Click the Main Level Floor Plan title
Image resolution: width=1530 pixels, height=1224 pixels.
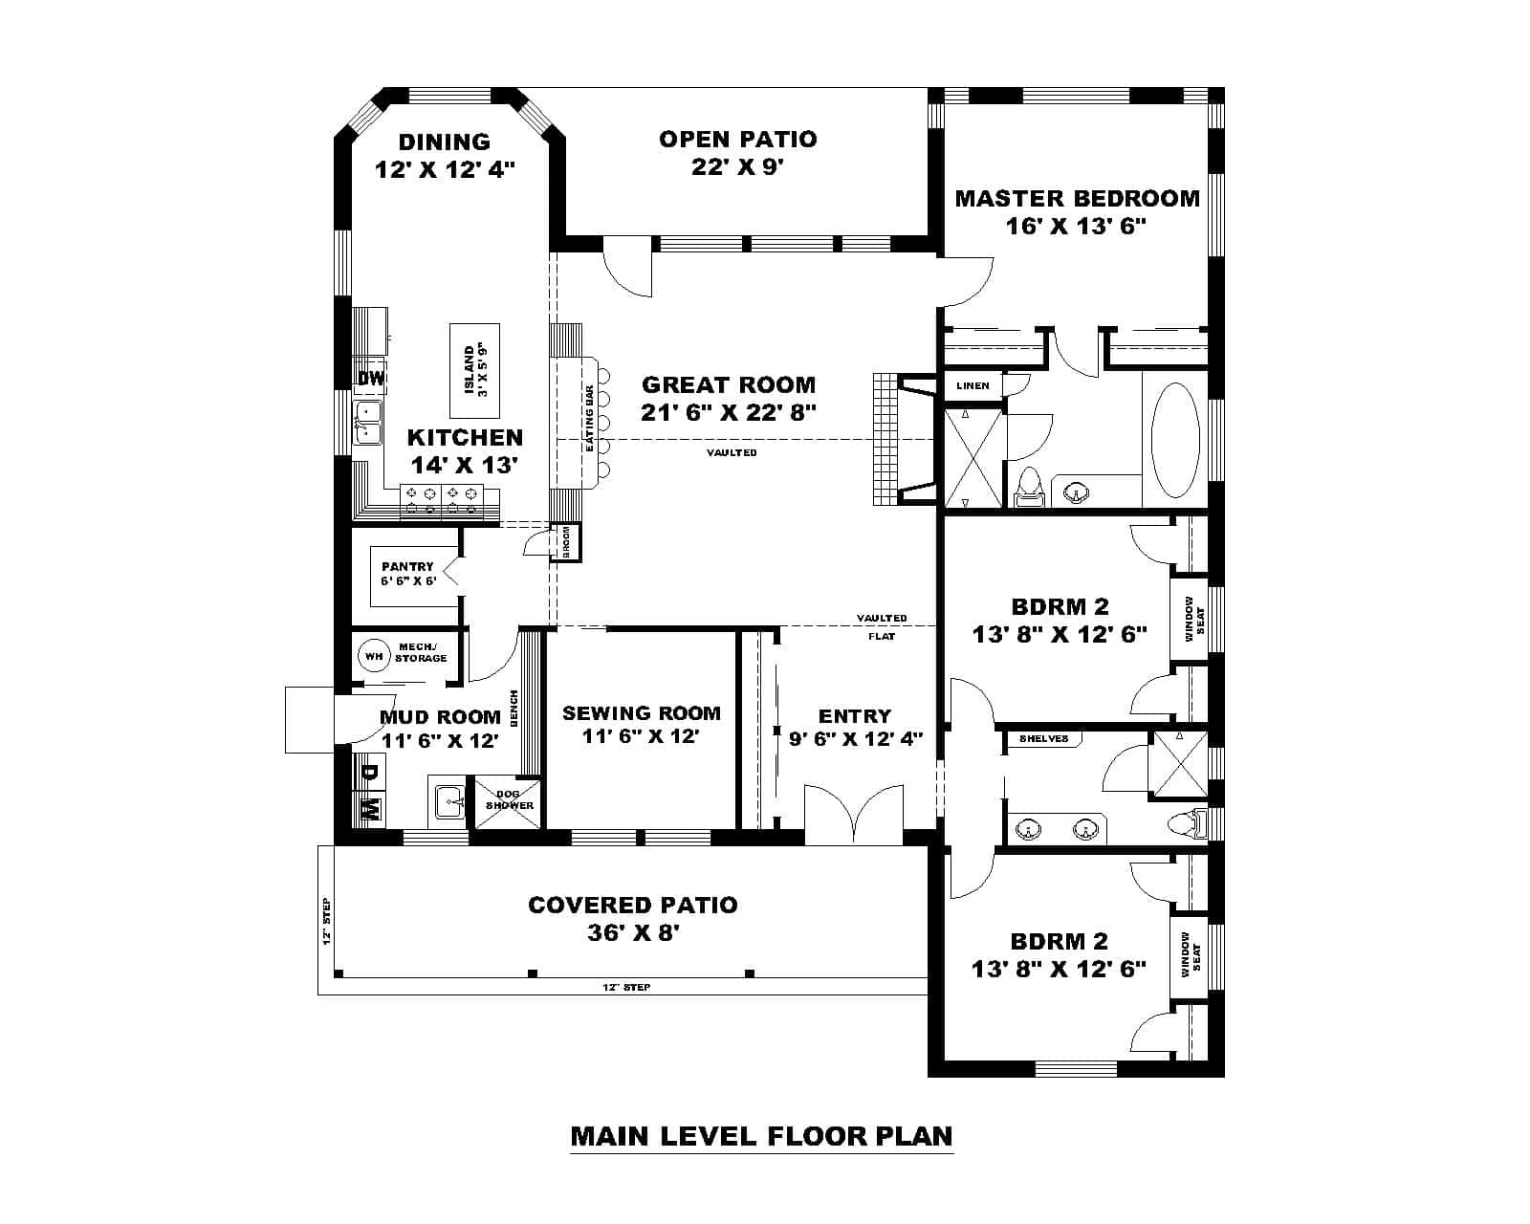[x=761, y=1136]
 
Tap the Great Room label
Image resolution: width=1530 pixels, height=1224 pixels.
[x=729, y=385]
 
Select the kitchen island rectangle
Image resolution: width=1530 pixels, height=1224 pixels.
[x=475, y=371]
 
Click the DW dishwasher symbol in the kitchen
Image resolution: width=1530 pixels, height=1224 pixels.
[x=370, y=379]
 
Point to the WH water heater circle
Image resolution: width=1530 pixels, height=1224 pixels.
[x=373, y=656]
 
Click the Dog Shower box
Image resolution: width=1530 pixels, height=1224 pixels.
[x=509, y=800]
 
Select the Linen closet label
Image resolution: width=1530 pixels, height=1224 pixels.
[x=973, y=385]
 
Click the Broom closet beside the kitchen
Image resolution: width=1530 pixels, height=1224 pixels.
[x=566, y=542]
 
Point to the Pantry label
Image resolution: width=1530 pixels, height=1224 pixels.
[x=407, y=567]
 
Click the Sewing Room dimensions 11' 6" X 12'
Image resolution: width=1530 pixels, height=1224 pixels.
[x=641, y=737]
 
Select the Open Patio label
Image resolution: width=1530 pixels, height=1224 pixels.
[x=737, y=140]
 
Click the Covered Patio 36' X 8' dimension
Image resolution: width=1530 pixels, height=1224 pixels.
[x=633, y=933]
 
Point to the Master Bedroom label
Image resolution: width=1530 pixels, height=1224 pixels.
[x=1077, y=199]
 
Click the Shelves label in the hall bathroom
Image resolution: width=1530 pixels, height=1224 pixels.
[x=1043, y=739]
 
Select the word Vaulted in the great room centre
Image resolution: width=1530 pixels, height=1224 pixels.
[x=732, y=452]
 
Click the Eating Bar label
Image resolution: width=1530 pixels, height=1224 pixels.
[x=590, y=419]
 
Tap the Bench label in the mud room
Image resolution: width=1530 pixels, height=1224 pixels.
[x=514, y=709]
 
